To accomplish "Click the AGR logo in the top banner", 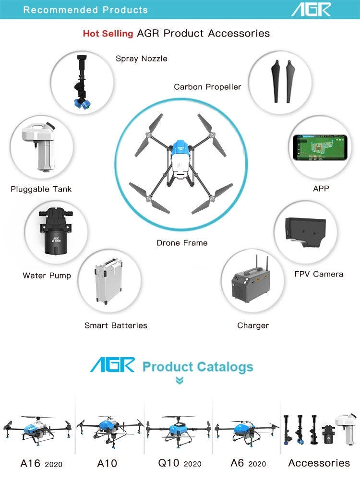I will (311, 9).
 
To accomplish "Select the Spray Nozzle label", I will (142, 59).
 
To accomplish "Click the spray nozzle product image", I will (82, 83).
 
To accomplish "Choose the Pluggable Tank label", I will (41, 189).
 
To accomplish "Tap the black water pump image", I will (56, 232).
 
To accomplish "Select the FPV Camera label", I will (319, 274).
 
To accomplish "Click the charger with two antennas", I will (252, 281).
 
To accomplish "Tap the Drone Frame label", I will (182, 243).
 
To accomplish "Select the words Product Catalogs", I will (198, 367).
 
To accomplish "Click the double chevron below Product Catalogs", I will (180, 381).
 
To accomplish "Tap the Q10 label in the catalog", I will (169, 463).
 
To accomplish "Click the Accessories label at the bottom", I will (319, 463).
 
